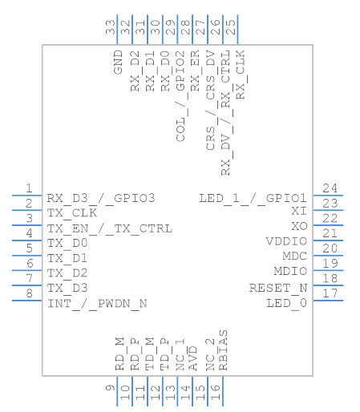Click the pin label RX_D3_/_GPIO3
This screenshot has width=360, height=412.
click(100, 198)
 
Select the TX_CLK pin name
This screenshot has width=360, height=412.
click(71, 213)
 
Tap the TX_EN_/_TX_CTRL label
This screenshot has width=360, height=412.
click(109, 228)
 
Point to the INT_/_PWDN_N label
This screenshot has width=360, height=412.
click(97, 304)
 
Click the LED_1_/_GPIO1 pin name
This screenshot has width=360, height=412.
click(253, 198)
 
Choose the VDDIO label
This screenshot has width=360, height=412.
click(286, 241)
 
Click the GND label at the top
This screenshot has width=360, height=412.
click(118, 61)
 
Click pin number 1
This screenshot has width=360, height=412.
click(28, 188)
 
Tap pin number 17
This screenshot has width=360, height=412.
click(330, 293)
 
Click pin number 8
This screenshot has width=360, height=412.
click(28, 293)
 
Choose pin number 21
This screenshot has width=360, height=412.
click(330, 233)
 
